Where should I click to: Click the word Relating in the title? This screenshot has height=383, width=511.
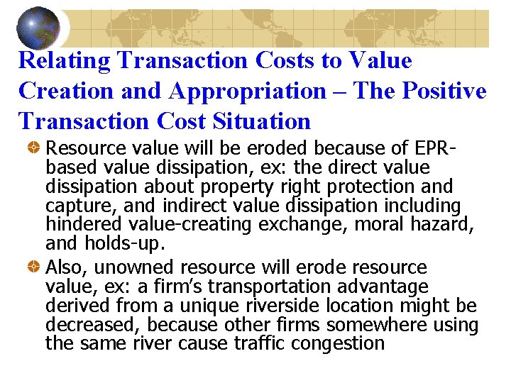click(66, 61)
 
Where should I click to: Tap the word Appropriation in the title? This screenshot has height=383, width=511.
click(259, 91)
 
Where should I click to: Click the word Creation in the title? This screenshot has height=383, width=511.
click(63, 91)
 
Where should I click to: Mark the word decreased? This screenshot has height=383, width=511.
click(91, 326)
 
